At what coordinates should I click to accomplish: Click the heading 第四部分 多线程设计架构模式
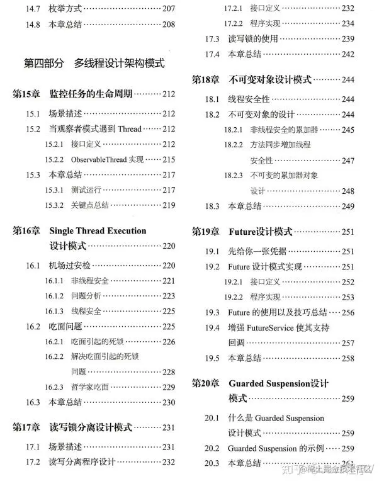click(x=94, y=63)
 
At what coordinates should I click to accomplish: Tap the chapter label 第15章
click(x=27, y=94)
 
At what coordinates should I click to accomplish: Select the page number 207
click(x=168, y=9)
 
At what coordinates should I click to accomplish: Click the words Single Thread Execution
click(x=98, y=230)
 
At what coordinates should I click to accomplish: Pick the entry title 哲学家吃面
click(x=90, y=387)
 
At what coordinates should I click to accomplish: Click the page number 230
click(x=169, y=402)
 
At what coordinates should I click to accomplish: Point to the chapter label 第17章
click(x=27, y=427)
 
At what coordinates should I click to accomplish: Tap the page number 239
click(x=347, y=39)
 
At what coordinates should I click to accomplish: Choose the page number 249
click(x=348, y=191)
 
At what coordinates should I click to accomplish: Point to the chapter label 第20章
click(x=206, y=383)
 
